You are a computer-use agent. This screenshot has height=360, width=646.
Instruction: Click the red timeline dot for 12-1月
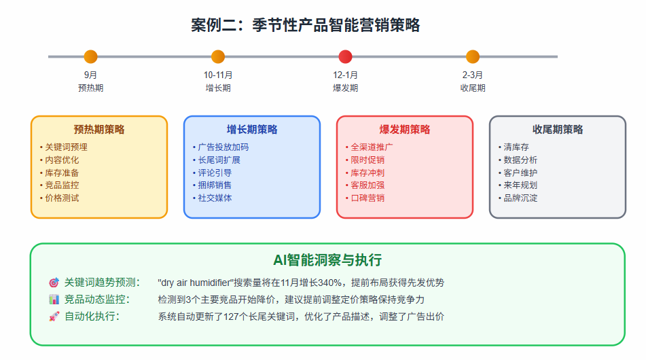(x=345, y=57)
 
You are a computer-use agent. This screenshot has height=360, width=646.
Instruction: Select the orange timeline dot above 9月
(x=90, y=57)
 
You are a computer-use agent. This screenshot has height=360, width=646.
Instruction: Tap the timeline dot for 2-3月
(x=473, y=57)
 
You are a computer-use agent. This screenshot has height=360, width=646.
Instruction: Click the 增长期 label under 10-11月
(x=218, y=88)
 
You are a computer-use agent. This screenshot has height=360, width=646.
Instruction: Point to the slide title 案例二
(x=305, y=25)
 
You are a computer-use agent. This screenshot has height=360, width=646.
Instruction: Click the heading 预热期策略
(x=99, y=130)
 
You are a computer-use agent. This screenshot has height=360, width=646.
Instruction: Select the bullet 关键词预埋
(x=66, y=147)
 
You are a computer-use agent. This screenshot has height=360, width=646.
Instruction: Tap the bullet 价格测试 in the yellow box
(x=62, y=198)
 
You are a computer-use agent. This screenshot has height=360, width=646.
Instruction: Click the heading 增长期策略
(x=252, y=130)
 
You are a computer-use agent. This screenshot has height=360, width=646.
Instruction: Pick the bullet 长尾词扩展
(x=219, y=160)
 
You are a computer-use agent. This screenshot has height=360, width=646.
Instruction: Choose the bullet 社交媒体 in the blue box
(x=215, y=198)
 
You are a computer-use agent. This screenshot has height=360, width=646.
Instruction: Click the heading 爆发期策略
(x=405, y=130)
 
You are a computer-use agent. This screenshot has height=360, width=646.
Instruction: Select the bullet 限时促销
(x=367, y=160)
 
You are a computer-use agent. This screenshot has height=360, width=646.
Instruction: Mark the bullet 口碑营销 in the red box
(x=367, y=198)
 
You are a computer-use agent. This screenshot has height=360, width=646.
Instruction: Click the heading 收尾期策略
(x=558, y=130)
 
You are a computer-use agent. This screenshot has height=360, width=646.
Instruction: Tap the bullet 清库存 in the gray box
(x=516, y=147)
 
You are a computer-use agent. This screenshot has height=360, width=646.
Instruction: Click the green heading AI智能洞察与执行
(x=327, y=260)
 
